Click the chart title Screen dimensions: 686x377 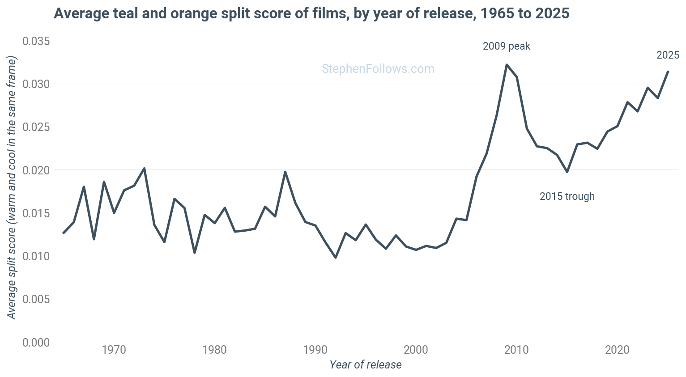311,13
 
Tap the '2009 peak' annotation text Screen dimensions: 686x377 507,46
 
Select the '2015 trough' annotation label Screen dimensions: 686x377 567,196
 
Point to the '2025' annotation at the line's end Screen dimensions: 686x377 668,55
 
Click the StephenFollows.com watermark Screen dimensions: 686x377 378,69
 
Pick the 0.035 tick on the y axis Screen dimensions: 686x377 36,41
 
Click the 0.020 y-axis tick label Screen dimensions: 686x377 36,170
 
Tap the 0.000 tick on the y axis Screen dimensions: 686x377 36,343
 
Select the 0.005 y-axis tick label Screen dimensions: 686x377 36,299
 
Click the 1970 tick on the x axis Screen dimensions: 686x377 114,350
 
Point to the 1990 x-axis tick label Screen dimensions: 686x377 315,350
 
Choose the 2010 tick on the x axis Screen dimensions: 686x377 517,350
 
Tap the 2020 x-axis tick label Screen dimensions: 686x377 618,350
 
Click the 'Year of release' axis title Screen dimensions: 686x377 365,365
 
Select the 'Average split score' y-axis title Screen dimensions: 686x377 12,187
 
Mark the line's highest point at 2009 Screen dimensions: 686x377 507,64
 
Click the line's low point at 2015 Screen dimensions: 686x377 567,172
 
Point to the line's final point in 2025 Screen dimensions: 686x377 668,71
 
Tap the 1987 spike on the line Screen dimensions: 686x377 285,172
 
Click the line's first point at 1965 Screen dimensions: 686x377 64,233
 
